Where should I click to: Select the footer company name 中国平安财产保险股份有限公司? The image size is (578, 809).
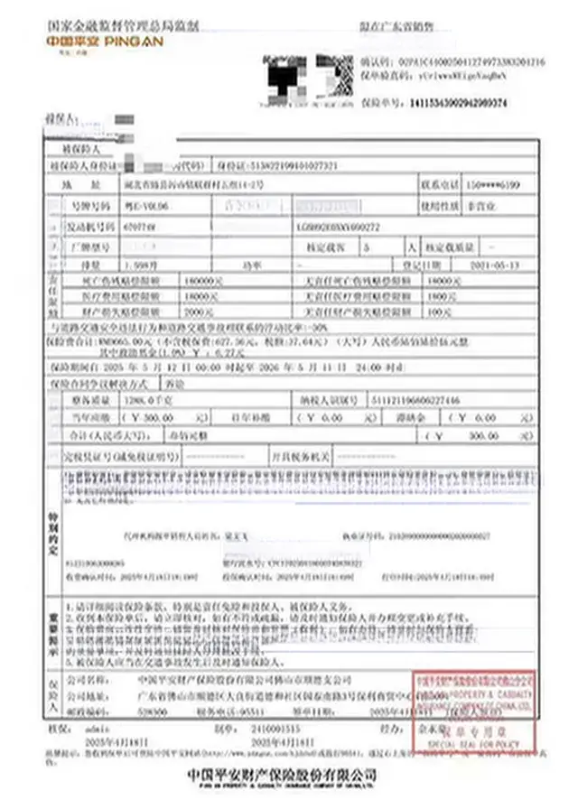280,776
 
